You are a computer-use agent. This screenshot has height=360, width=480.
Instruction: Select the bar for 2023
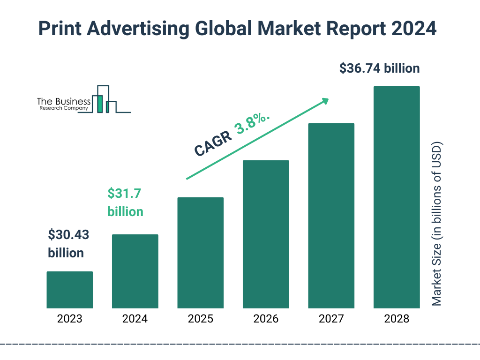pos(70,290)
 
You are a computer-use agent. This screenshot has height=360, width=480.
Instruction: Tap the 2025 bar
pos(200,253)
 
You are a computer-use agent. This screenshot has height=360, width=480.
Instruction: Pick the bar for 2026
pos(266,234)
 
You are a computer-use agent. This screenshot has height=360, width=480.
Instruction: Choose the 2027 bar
pos(331,216)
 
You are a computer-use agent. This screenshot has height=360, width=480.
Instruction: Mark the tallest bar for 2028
pos(396,197)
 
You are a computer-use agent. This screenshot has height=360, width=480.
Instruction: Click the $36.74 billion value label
pos(379,68)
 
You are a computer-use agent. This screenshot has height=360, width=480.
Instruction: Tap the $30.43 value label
pos(68,235)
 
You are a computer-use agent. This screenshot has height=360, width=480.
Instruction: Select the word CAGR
pos(214,143)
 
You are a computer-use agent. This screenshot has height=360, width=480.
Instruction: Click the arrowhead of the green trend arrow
pos(325,100)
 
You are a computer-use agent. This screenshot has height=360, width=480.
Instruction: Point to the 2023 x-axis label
pos(70,319)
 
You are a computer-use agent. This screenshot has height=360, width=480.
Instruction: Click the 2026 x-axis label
pos(266,319)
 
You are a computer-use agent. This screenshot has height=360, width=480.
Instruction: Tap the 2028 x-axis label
pos(396,319)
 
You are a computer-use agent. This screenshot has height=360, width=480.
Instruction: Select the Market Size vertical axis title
pos(437,224)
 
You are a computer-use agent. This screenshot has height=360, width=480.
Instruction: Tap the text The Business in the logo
pos(64,101)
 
